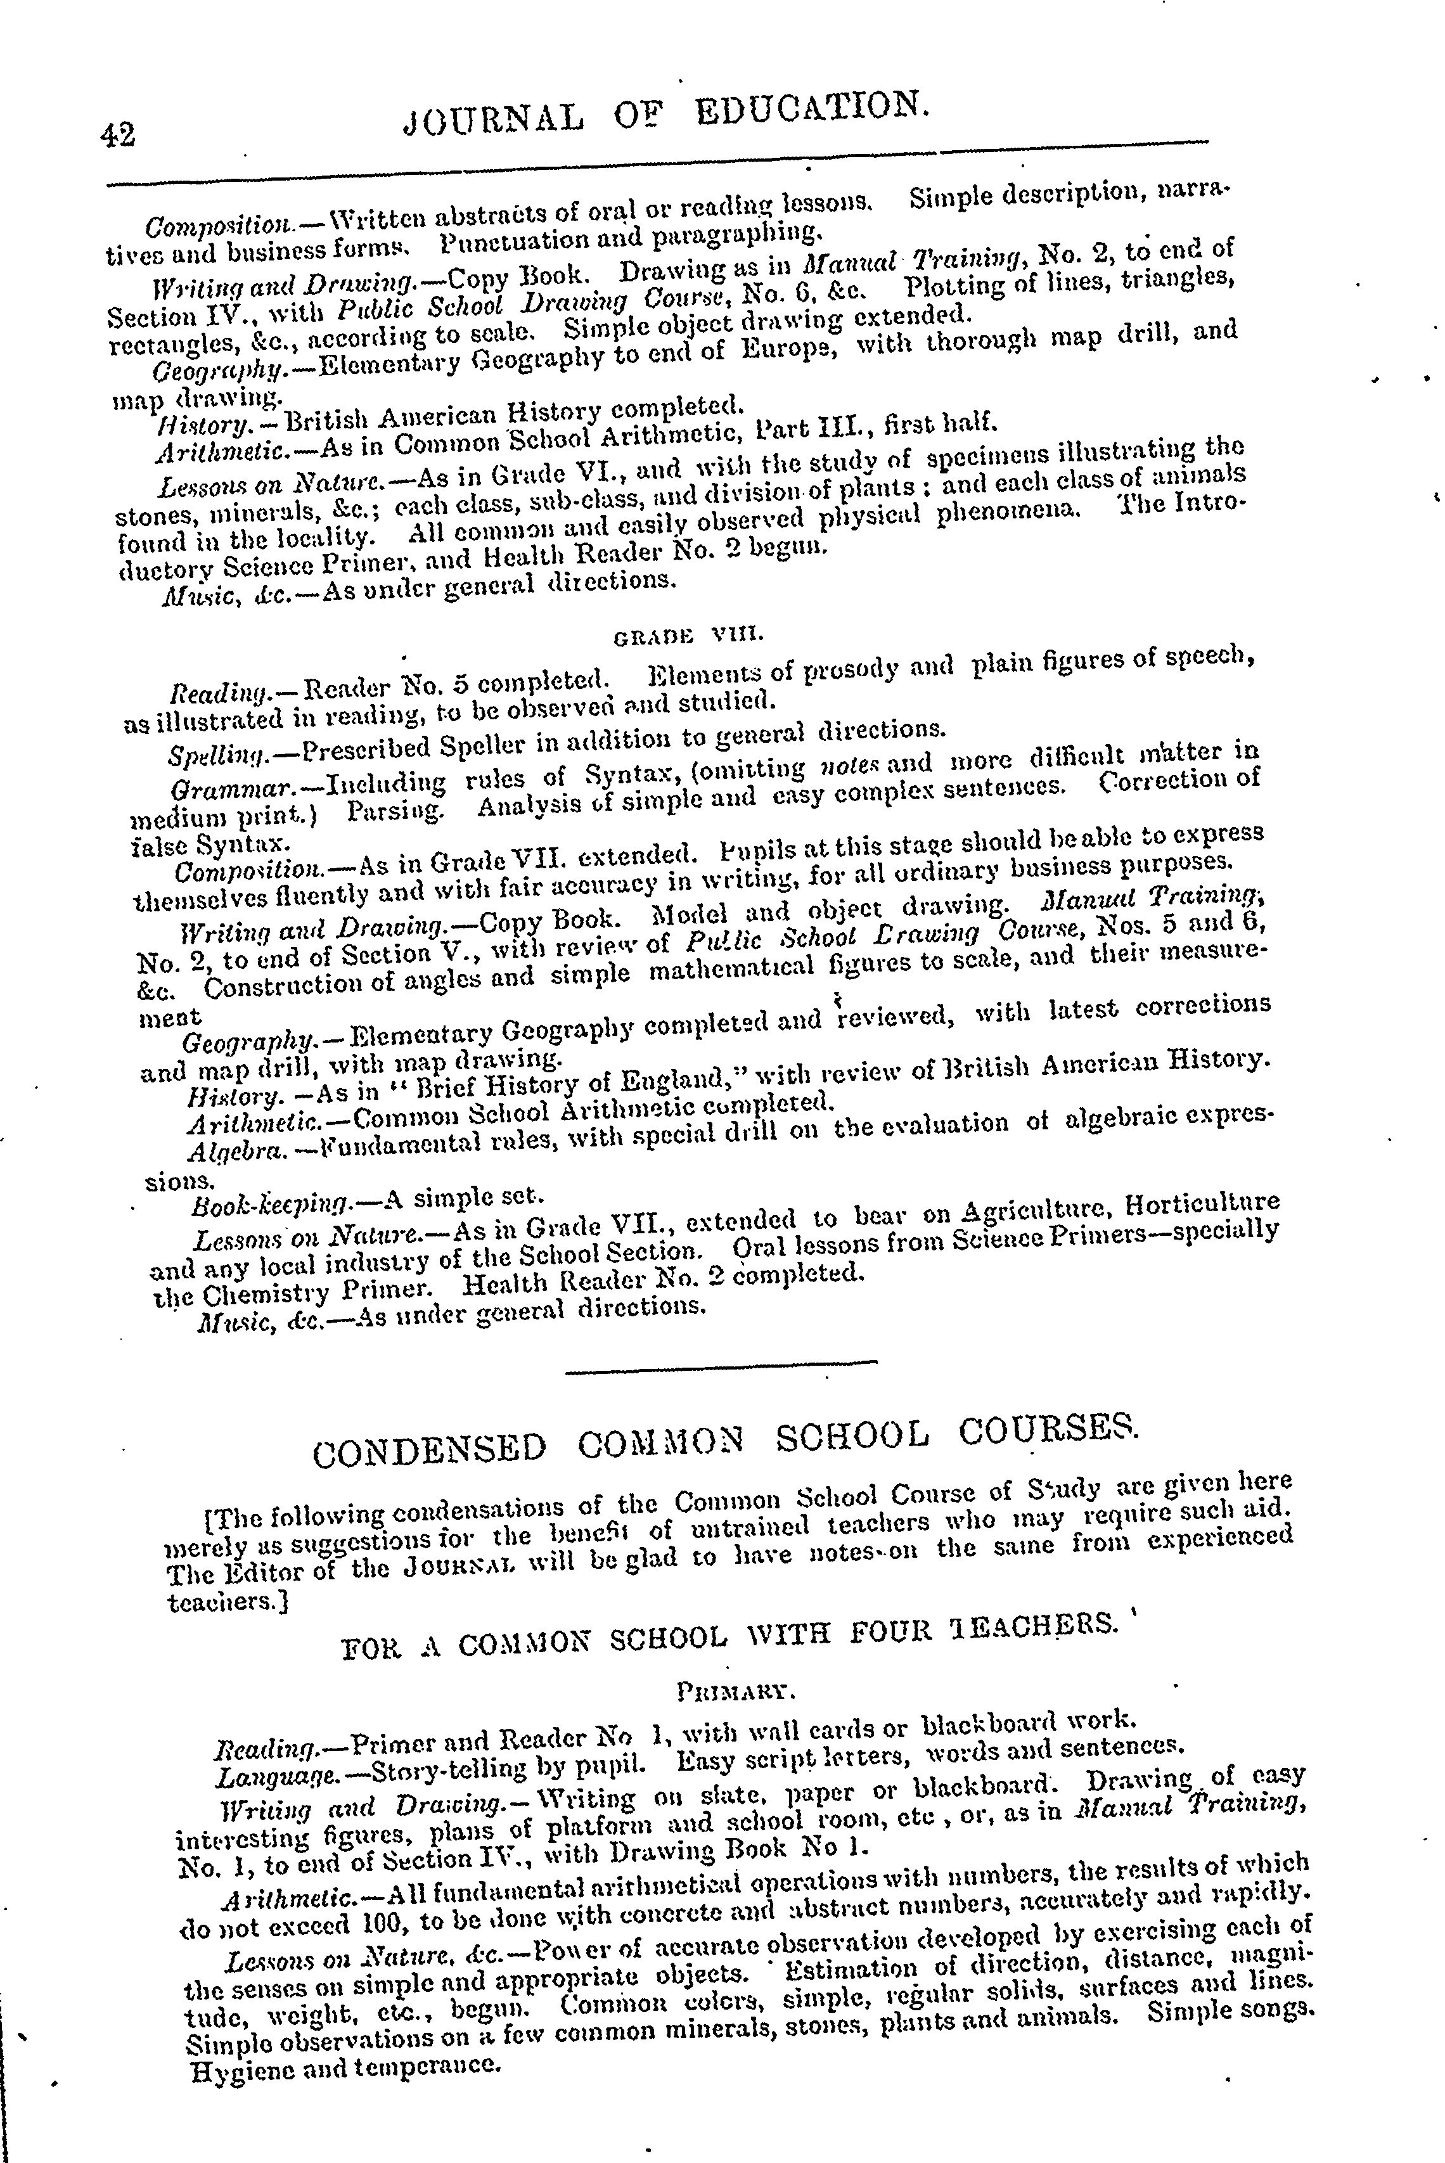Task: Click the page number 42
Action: [x=119, y=134]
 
